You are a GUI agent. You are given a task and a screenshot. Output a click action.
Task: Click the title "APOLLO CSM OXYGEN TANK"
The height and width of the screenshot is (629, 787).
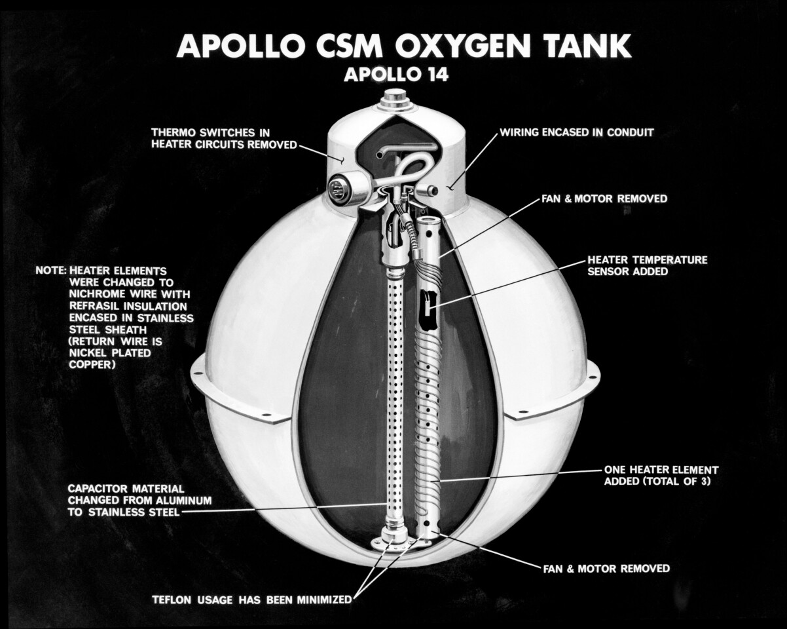point(404,47)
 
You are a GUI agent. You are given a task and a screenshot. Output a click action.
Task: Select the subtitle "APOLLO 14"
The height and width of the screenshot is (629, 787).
point(396,75)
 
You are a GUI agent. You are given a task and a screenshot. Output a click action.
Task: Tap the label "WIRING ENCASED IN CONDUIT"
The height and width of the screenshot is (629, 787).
point(577,132)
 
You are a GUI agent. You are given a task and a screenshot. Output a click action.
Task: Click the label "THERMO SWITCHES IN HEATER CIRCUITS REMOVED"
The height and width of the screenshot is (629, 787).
point(224,138)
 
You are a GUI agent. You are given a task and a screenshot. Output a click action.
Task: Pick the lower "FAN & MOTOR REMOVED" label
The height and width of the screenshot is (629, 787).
point(606,568)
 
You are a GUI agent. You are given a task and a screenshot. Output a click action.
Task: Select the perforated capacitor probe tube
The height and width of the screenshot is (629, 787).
point(394,393)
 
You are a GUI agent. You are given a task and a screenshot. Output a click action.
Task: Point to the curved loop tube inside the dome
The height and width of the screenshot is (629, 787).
point(409,167)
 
